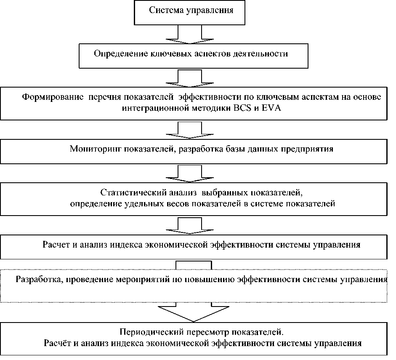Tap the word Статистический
[x=128, y=193]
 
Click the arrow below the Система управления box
[x=191, y=35]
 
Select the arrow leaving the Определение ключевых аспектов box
[x=191, y=77]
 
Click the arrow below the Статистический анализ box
[x=191, y=226]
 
